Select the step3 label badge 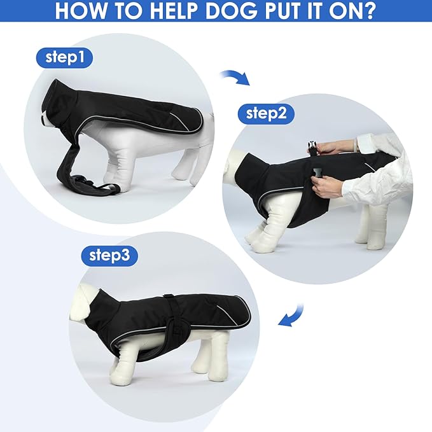pos(109,256)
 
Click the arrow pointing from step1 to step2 pos(235,78)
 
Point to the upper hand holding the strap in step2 pos(331,148)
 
